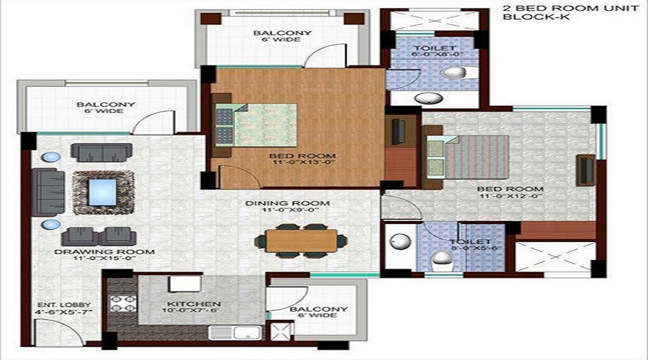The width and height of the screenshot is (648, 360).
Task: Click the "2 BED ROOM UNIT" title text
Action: [x=540, y=9]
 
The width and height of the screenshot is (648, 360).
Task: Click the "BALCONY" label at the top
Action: [x=272, y=33]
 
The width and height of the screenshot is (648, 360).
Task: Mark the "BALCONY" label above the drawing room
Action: [x=106, y=105]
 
